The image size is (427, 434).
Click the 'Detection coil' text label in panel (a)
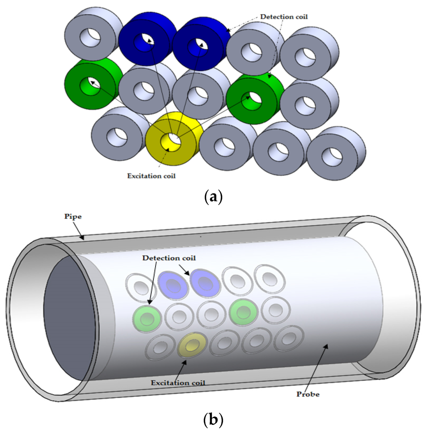(281, 16)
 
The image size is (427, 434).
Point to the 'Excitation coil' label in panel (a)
(151, 176)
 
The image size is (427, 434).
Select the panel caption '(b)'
(213, 420)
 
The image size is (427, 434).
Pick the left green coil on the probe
(146, 319)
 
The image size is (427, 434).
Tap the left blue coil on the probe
(173, 285)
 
